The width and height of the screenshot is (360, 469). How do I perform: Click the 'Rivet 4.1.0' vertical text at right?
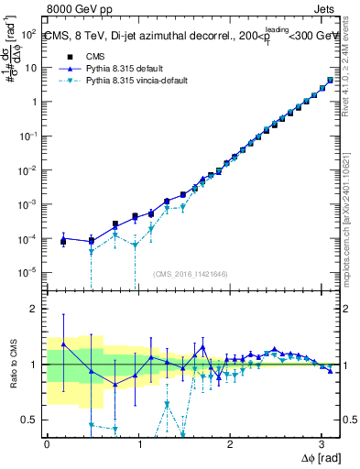click(x=352, y=73)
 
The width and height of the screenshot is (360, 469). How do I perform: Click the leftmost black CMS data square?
click(x=63, y=241)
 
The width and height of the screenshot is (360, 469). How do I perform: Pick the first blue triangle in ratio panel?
click(x=63, y=344)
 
